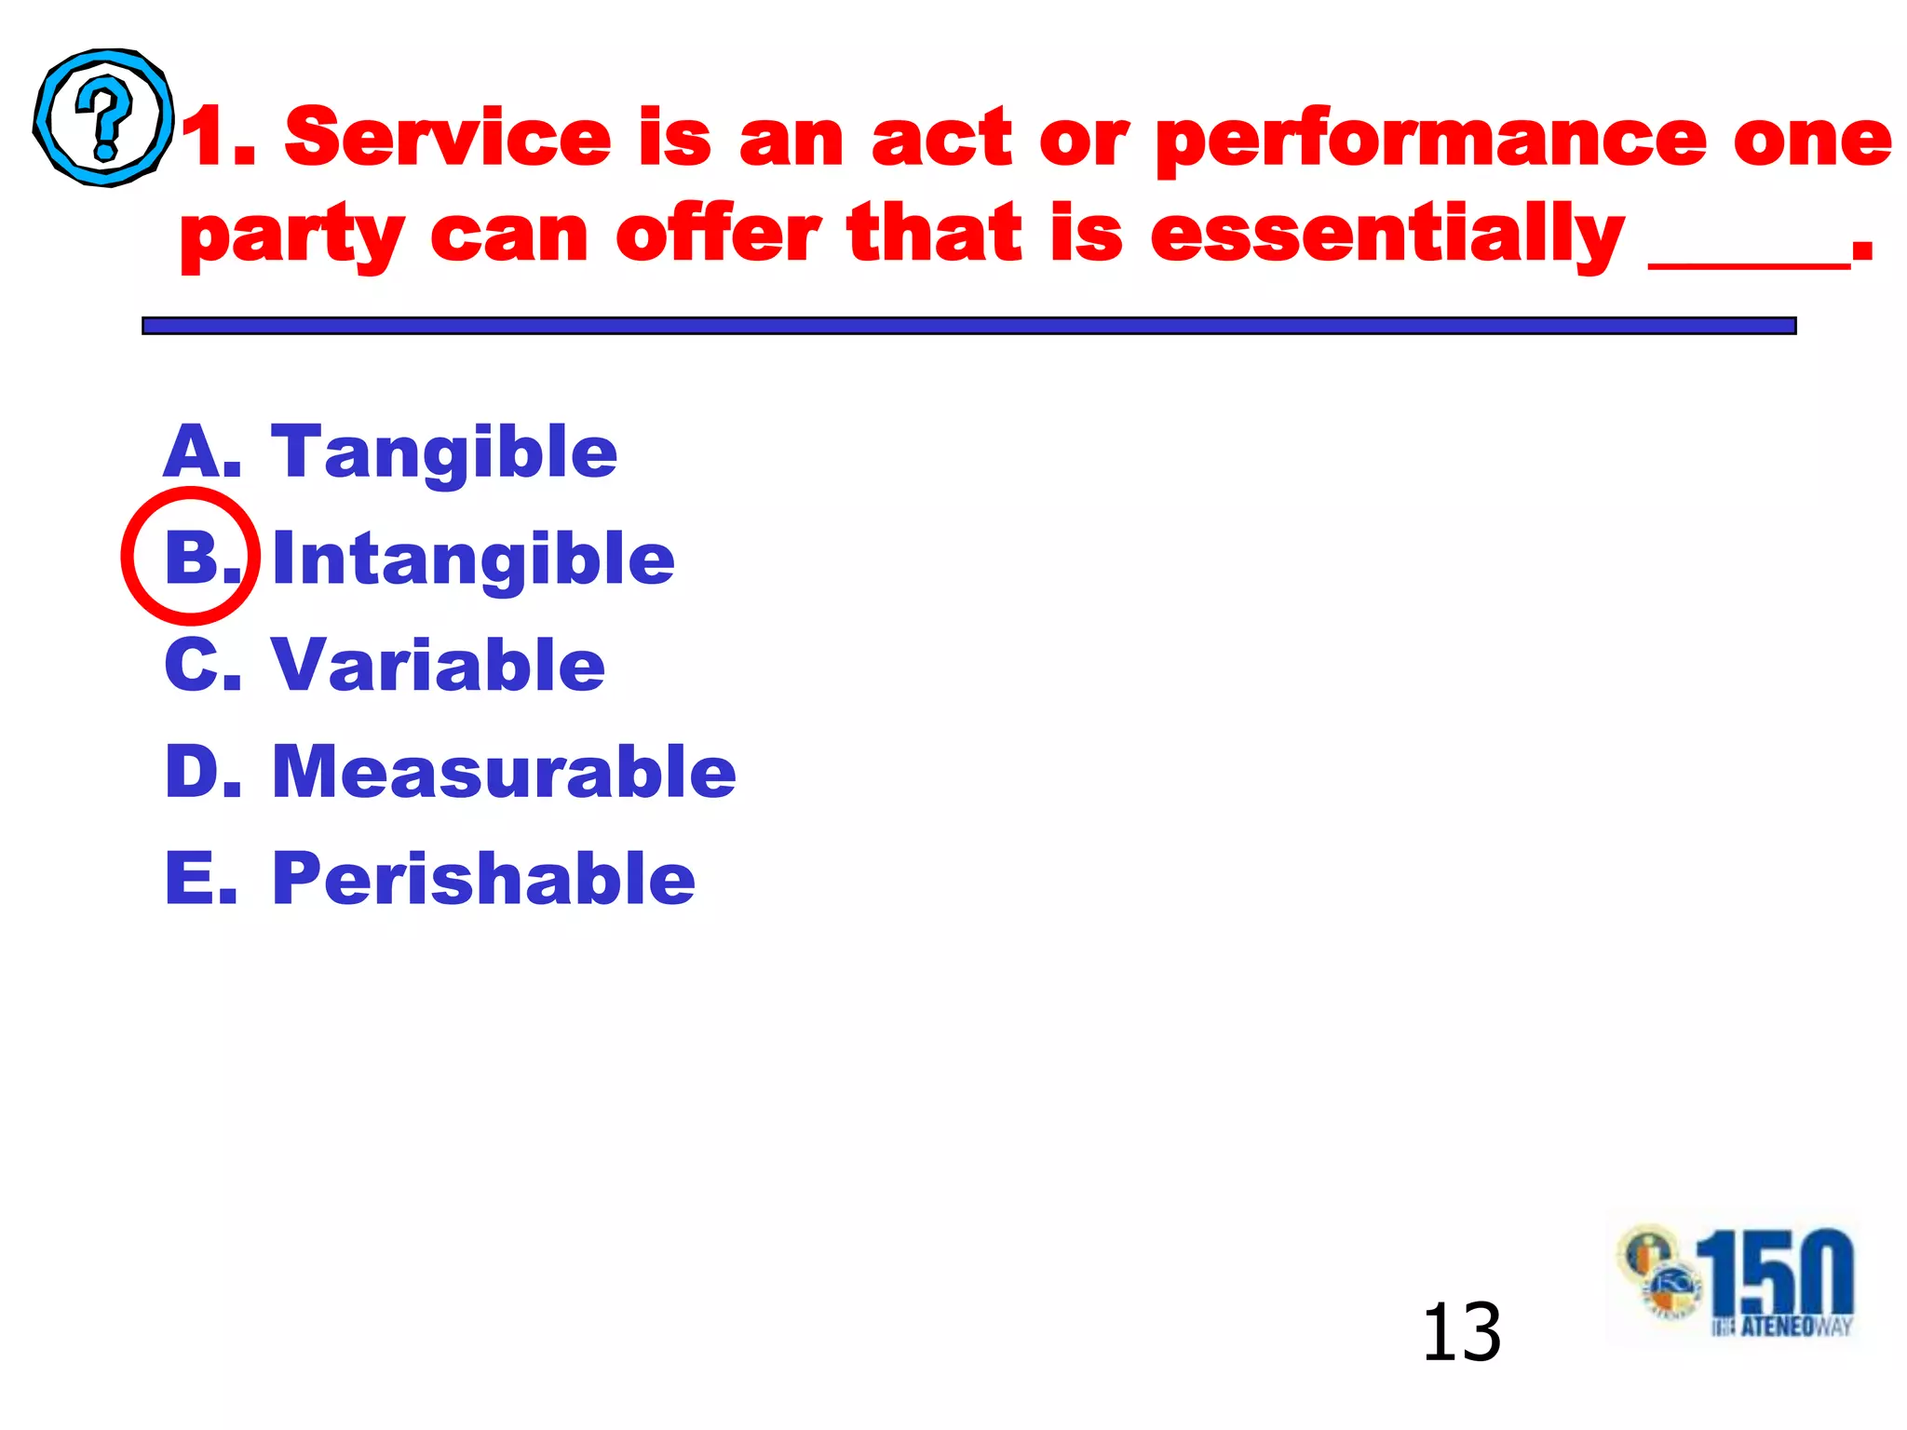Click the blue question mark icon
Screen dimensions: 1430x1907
[x=103, y=118]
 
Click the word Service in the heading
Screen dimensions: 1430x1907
[x=447, y=138]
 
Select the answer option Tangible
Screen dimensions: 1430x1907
[x=444, y=452]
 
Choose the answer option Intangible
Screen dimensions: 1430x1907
[x=473, y=560]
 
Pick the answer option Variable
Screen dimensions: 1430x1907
[x=438, y=666]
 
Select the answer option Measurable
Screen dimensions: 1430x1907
[x=504, y=772]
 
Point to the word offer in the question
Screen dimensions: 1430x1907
[x=717, y=235]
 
